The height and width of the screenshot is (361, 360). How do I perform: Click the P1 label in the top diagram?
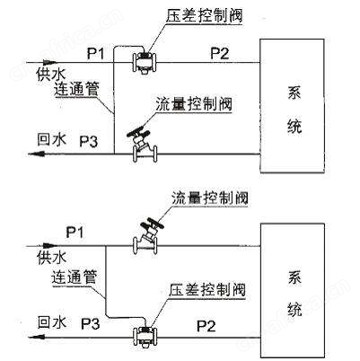point(95,54)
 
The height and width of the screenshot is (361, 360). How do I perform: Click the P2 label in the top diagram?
point(220,53)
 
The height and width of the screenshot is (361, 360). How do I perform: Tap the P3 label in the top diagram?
point(89,141)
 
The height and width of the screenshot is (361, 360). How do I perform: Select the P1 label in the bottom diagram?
point(75,232)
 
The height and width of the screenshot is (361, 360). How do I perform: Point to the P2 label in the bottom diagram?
point(206,326)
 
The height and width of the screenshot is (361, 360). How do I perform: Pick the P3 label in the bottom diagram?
point(91,323)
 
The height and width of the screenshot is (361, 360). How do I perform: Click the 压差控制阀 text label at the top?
point(205,15)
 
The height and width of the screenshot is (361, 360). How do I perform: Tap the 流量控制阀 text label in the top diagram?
point(194,104)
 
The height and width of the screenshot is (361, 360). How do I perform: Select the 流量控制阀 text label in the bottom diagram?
point(210,198)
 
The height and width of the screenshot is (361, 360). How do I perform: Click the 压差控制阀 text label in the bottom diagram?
point(207,290)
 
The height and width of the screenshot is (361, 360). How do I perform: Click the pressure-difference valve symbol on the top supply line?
point(145,62)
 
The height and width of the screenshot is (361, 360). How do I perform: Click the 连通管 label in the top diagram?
point(76,89)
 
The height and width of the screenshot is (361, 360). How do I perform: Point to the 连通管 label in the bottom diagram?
point(74,277)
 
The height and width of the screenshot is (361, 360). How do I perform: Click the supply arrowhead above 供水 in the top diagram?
point(49,63)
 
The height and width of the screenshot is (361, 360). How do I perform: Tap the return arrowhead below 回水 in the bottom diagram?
point(36,338)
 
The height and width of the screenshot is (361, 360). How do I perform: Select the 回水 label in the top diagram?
point(51,139)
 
